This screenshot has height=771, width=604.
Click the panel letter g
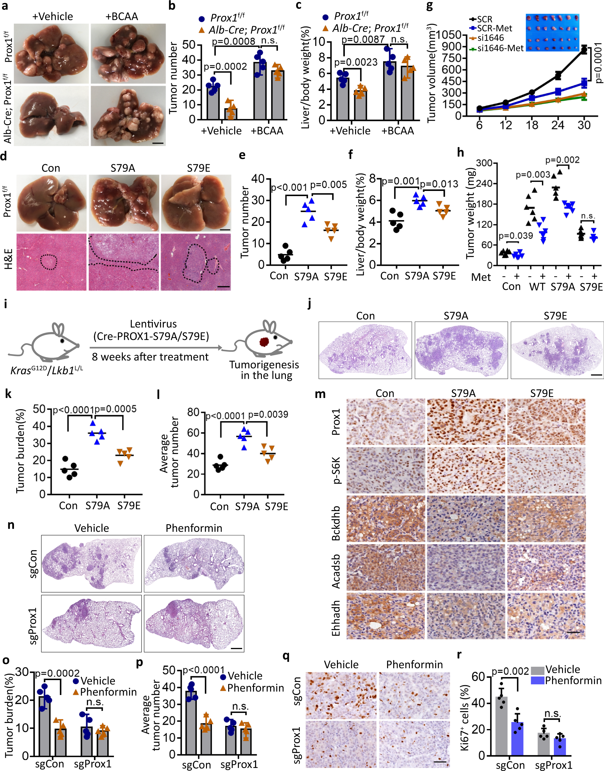pos(430,6)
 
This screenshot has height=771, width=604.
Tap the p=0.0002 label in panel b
pos(225,67)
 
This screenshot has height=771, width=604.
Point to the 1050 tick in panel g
pos(449,35)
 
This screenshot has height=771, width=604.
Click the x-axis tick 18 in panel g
pos(532,125)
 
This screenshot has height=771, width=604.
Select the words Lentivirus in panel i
pos(153,324)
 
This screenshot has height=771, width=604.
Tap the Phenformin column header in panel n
pos(194,528)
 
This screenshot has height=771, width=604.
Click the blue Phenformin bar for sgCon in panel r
pos(517,739)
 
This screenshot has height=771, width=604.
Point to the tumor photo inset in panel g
pos(552,33)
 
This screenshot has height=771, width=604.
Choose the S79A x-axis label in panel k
pos(98,506)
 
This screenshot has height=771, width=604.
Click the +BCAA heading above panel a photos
pos(122,17)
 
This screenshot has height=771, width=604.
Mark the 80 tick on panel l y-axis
pos(194,412)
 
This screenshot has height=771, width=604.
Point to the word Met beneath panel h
pos(481,277)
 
